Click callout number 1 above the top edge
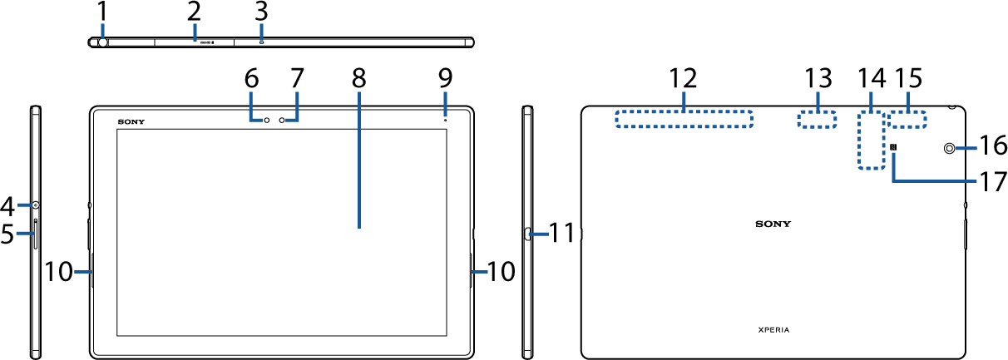tap(102, 12)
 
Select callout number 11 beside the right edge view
tap(563, 233)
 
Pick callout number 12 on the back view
tap(684, 80)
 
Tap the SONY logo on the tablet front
tap(131, 121)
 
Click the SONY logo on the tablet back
tap(773, 224)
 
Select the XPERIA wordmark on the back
tap(773, 330)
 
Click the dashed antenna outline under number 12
tap(684, 118)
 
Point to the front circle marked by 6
tap(268, 121)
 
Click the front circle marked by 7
tap(284, 121)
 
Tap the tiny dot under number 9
tap(445, 120)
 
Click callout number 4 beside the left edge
tap(7, 205)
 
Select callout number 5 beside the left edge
tap(7, 235)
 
